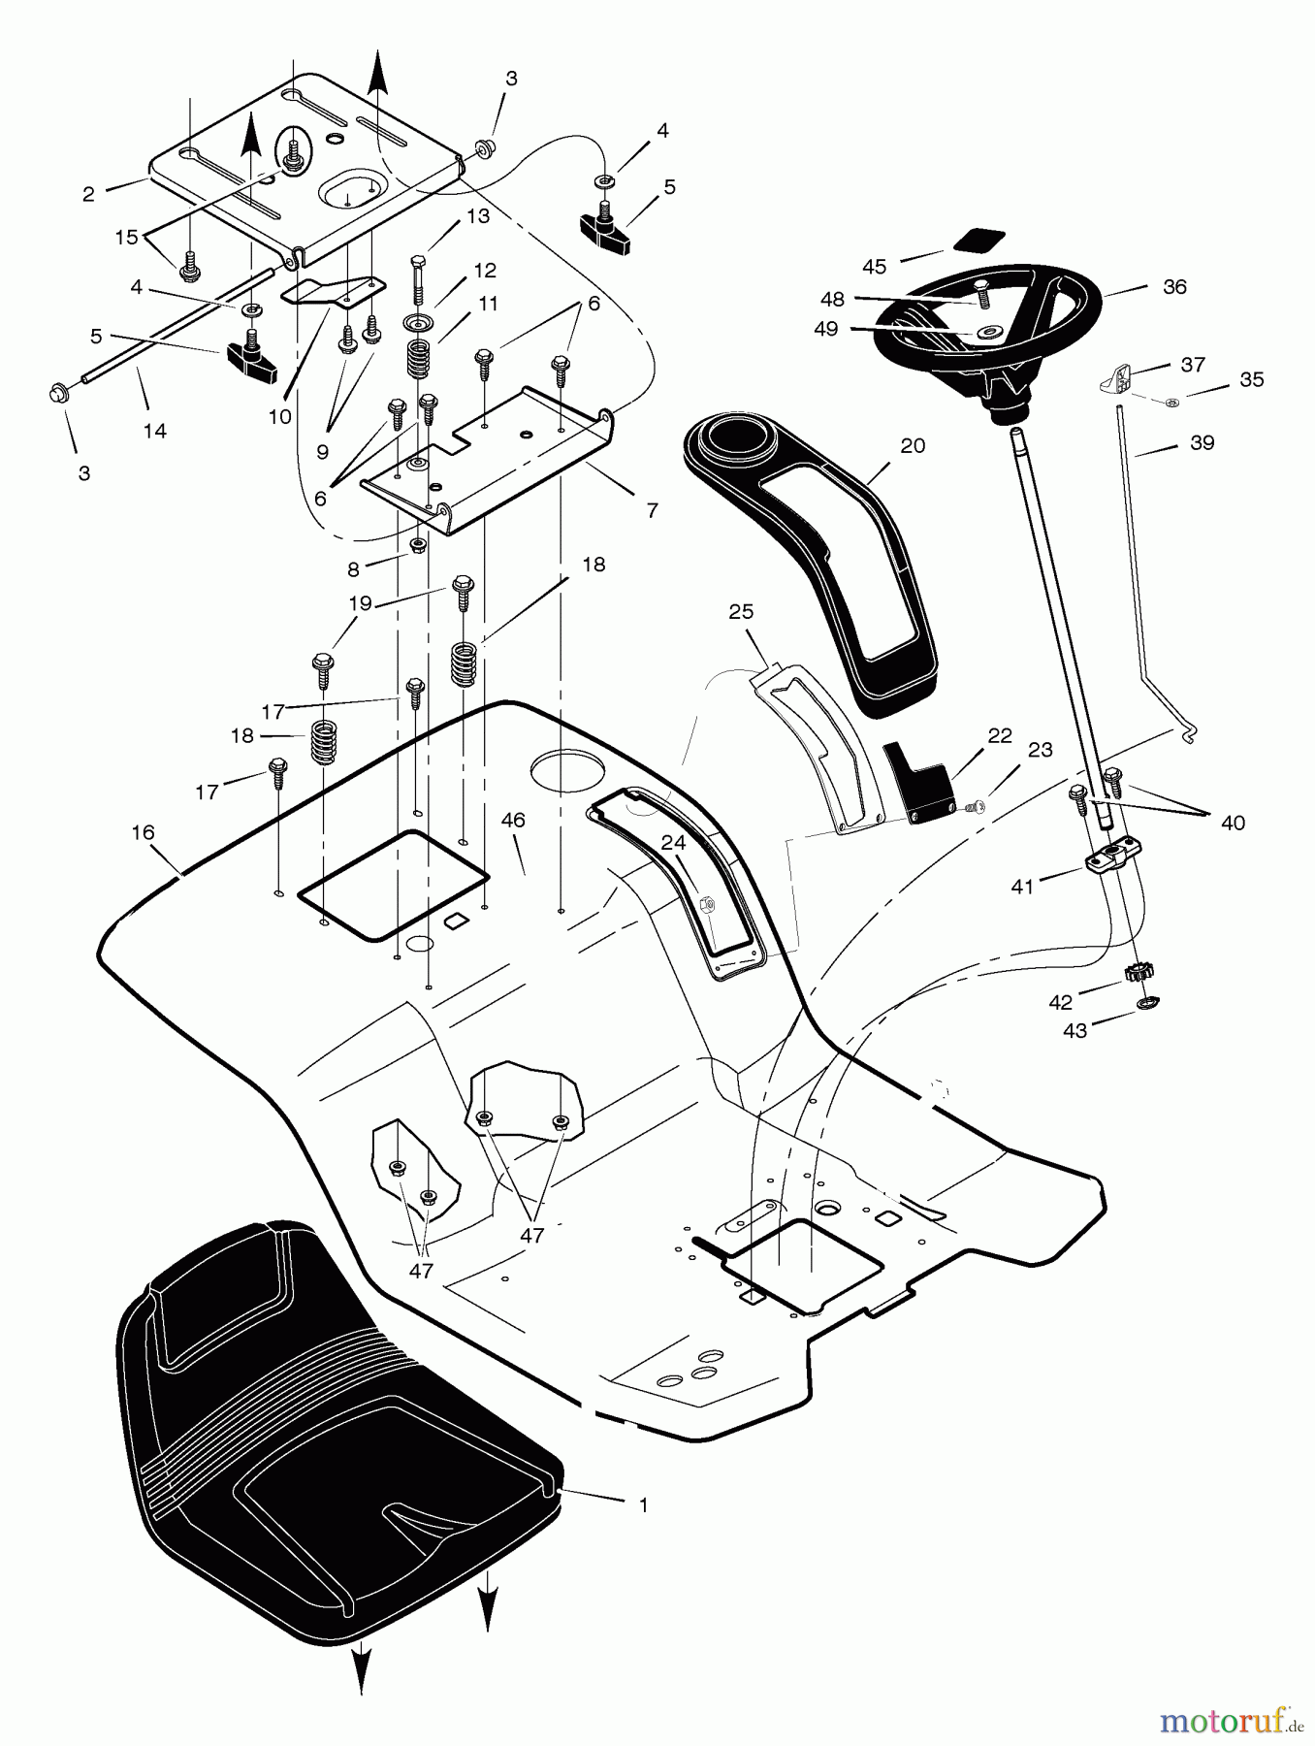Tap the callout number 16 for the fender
(x=143, y=832)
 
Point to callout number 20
(x=913, y=445)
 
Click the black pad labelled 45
(x=979, y=241)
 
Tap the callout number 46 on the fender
(x=512, y=820)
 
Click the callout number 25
(x=742, y=612)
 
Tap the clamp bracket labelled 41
(x=1106, y=857)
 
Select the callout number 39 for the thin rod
(x=1202, y=442)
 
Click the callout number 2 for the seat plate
(x=88, y=194)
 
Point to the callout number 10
(x=279, y=417)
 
